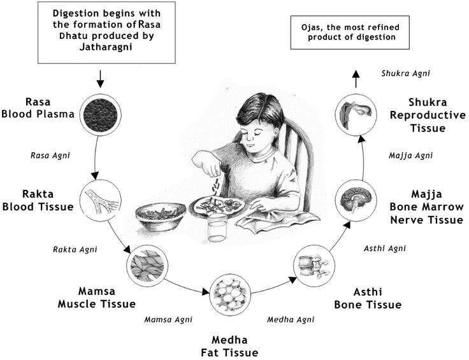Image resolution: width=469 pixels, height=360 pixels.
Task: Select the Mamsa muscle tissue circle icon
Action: coord(147,263)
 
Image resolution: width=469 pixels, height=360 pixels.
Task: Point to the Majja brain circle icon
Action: coord(354,201)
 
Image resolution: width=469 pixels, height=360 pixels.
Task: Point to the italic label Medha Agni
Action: coord(291,319)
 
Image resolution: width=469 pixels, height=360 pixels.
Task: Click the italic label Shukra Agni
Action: coord(406,73)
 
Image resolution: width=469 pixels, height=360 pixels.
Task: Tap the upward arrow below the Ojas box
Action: coord(355,79)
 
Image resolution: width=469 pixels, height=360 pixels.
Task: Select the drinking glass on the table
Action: coord(216,227)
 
